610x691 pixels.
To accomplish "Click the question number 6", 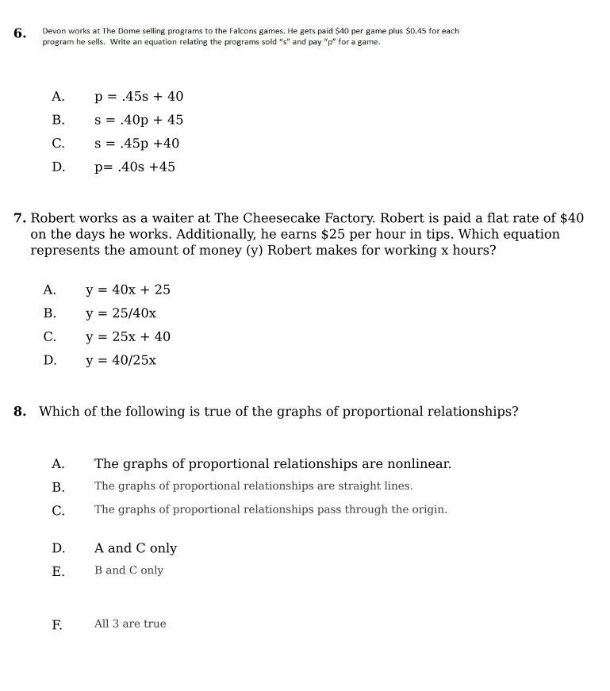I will click(19, 33).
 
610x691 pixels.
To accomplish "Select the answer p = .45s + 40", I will click(139, 97).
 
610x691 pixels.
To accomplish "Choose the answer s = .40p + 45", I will click(139, 121).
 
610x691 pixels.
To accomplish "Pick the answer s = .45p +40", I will click(136, 144).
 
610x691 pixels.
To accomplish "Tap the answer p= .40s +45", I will click(135, 167).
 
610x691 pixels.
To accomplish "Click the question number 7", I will click(20, 218).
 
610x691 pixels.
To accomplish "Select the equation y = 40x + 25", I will click(128, 290).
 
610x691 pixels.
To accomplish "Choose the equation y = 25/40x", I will click(121, 313).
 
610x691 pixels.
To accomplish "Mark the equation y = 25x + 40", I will click(128, 337).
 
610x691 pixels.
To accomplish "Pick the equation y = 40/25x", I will click(121, 361).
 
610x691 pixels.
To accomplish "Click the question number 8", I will click(20, 412).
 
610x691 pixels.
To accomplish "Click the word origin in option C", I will click(427, 510).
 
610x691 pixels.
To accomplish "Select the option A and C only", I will click(136, 549).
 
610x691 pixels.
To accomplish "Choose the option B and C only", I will click(129, 570).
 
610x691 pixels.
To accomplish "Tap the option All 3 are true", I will click(130, 624).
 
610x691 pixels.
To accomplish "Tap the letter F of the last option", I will click(57, 625).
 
